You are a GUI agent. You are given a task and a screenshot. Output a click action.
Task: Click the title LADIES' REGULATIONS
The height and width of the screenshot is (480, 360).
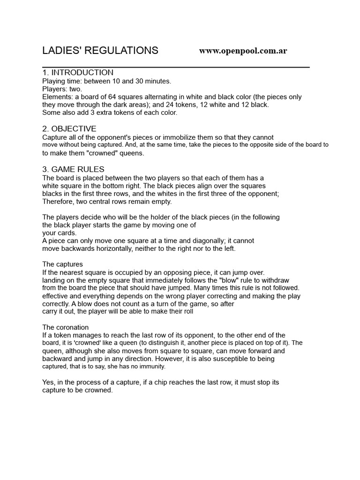[100, 51]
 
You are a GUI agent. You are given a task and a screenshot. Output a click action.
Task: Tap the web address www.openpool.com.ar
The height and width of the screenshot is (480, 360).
[243, 51]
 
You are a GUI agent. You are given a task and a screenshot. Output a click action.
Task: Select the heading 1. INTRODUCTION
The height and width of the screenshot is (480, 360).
[78, 73]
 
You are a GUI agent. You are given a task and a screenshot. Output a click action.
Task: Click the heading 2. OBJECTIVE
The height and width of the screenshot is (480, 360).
[69, 129]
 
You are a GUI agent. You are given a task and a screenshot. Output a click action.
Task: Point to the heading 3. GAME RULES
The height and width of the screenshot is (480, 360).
[74, 169]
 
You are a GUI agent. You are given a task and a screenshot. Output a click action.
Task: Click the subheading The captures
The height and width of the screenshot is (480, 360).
[62, 264]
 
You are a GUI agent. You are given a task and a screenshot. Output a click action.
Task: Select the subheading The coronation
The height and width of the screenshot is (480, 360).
[66, 327]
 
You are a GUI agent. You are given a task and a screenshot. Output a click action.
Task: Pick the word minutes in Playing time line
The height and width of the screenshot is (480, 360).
[158, 81]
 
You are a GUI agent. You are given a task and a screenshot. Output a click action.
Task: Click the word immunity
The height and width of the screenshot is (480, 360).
[151, 367]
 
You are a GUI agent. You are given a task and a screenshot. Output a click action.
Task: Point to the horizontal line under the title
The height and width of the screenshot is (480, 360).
[176, 67]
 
